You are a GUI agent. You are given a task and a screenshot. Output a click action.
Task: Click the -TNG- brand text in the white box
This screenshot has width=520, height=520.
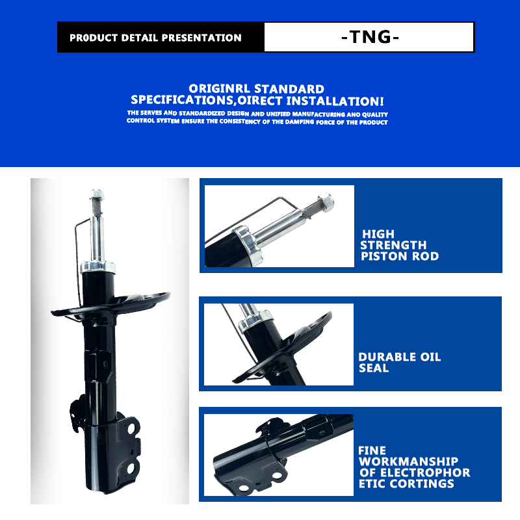pyautogui.click(x=370, y=37)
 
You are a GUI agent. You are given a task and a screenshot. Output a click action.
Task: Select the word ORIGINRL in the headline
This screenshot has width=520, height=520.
pyautogui.click(x=220, y=89)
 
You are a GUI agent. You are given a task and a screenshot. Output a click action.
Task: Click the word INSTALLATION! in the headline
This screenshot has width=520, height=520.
pyautogui.click(x=335, y=101)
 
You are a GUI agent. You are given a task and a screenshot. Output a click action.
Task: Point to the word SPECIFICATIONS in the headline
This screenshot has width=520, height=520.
pyautogui.click(x=182, y=100)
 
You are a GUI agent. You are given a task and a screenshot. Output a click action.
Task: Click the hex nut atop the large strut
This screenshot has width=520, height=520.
pyautogui.click(x=96, y=194)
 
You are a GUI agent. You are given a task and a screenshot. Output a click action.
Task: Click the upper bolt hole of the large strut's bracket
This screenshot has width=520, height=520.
pyautogui.click(x=131, y=428)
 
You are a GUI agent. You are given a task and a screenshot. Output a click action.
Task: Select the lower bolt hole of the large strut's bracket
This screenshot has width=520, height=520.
pyautogui.click(x=131, y=468)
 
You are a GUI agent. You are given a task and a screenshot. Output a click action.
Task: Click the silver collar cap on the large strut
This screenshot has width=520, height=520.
pyautogui.click(x=98, y=267)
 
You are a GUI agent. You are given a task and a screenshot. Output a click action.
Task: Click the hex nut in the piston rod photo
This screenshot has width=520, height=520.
pyautogui.click(x=326, y=202)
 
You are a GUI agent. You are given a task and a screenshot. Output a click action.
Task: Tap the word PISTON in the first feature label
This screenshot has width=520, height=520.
pyautogui.click(x=384, y=256)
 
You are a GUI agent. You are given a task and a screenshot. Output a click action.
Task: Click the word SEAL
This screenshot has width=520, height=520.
pyautogui.click(x=374, y=368)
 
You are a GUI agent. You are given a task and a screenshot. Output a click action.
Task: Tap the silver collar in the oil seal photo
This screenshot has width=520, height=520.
pyautogui.click(x=255, y=320)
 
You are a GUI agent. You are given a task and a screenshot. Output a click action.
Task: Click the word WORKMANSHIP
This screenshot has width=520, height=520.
pyautogui.click(x=409, y=461)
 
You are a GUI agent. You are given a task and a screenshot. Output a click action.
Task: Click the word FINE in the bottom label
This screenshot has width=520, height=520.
pyautogui.click(x=372, y=450)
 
